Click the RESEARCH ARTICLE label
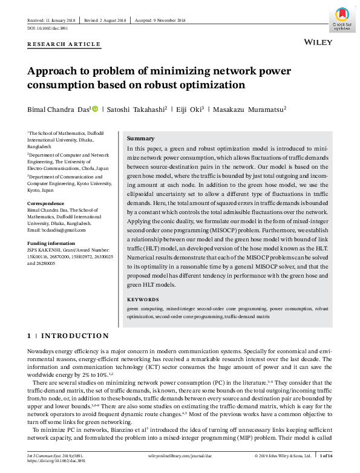[64, 44]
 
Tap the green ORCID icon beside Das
[94, 109]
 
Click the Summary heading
[140, 139]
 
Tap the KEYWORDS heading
[143, 299]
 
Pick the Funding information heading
[53, 243]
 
